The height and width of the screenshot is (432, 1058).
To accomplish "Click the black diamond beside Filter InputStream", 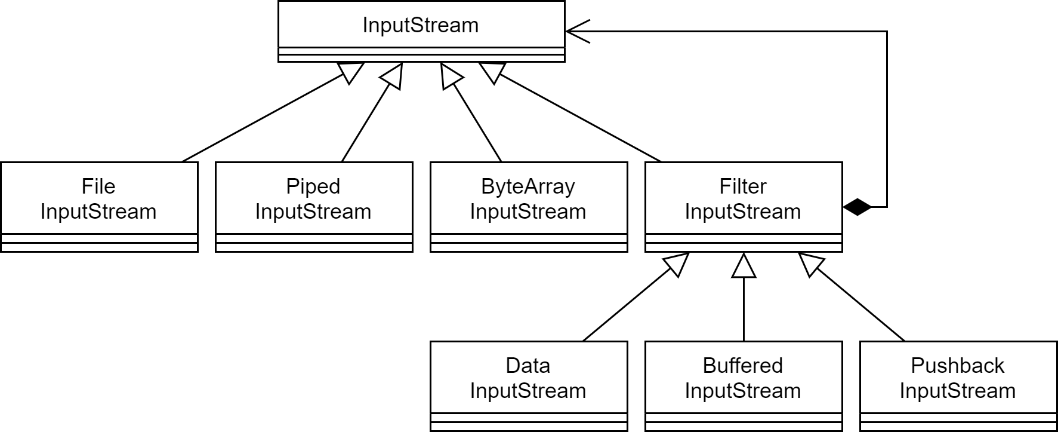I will (857, 207).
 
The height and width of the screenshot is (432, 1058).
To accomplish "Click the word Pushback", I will (958, 366).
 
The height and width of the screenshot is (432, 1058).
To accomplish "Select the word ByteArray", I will (528, 186).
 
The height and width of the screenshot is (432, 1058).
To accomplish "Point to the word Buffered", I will (743, 366).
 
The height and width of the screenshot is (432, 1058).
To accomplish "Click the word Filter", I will (743, 186).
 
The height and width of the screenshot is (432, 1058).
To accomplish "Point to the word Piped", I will (313, 186).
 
